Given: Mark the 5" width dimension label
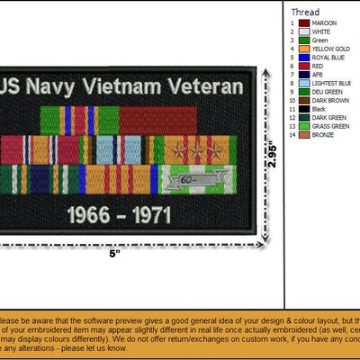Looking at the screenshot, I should [113, 255].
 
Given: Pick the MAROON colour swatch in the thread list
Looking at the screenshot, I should [305, 22].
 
